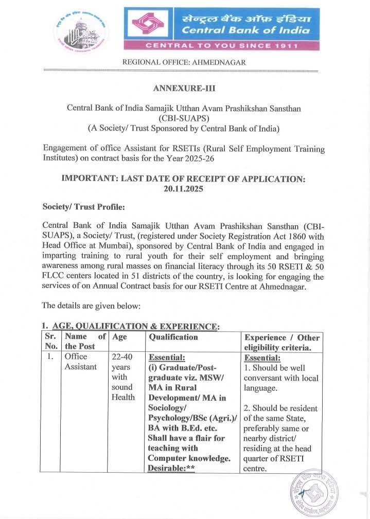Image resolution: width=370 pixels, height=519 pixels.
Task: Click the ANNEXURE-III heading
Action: [x=184, y=88]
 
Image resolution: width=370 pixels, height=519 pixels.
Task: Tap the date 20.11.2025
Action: [x=184, y=189]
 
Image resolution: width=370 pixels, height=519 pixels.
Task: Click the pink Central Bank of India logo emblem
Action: [x=149, y=25]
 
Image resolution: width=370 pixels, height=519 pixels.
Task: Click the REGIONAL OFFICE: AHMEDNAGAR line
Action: [x=184, y=62]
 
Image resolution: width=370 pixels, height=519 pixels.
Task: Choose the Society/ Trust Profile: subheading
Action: [x=83, y=207]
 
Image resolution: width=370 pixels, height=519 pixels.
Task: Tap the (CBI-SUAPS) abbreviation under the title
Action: [x=184, y=118]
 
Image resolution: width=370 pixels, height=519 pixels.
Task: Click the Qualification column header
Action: [x=173, y=337]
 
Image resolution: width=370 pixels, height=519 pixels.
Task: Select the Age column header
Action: [x=119, y=337]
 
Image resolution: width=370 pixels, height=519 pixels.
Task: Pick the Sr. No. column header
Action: [x=50, y=342]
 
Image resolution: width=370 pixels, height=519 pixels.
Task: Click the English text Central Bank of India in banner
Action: [x=246, y=30]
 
